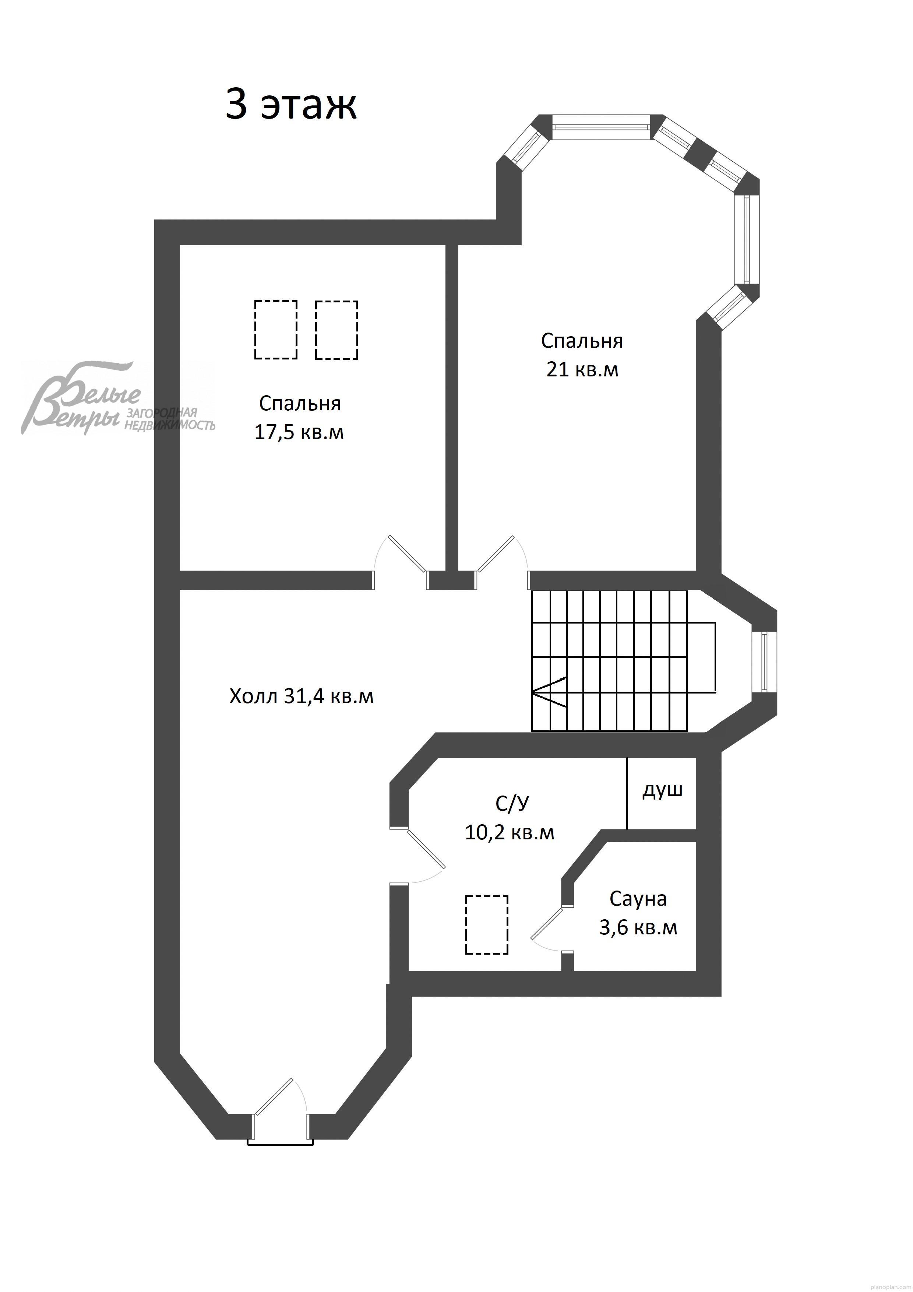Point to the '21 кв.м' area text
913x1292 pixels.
tap(582, 370)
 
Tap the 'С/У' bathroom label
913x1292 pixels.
tap(512, 804)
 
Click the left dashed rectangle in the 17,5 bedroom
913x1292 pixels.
tap(276, 330)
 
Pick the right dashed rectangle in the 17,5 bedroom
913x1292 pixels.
tap(336, 330)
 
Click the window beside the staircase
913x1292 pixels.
tap(764, 662)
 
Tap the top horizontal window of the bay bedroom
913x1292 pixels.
tap(601, 127)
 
